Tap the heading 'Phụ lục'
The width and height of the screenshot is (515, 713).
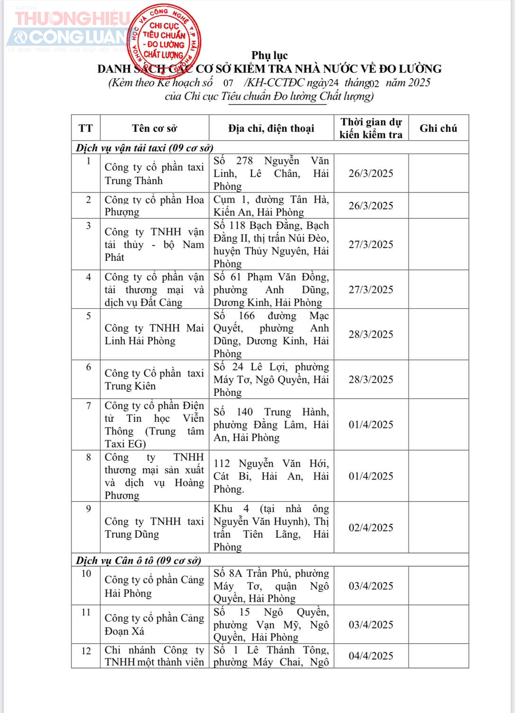click(269, 55)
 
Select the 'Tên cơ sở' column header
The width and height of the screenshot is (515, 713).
click(154, 128)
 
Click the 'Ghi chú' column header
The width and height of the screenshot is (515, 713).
click(438, 128)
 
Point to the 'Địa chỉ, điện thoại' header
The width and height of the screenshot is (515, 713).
click(271, 128)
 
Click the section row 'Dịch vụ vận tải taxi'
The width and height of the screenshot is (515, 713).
click(145, 148)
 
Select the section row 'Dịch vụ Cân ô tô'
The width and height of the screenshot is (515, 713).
click(139, 561)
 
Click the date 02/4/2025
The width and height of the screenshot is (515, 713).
click(371, 527)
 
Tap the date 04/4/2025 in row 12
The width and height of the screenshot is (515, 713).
click(371, 656)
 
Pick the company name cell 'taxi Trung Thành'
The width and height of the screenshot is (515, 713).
click(154, 174)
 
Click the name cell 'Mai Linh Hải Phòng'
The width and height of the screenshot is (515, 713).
click(154, 334)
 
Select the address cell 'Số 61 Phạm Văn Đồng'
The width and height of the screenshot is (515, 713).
click(271, 290)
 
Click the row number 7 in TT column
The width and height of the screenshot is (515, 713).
click(89, 406)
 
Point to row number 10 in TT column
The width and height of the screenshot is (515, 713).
click(86, 574)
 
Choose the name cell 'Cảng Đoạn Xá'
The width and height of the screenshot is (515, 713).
click(154, 624)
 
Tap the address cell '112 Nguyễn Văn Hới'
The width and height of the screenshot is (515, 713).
click(271, 476)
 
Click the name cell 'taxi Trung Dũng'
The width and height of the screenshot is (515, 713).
click(154, 527)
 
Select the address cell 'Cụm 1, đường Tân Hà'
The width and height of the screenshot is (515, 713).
click(271, 205)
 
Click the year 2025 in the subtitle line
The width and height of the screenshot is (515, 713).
click(419, 83)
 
